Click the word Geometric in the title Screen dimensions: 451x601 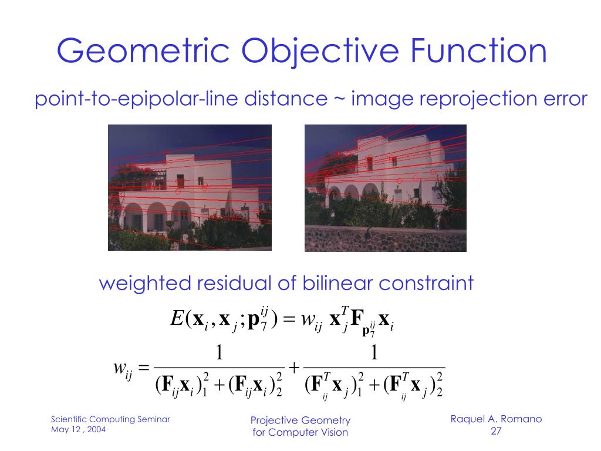click(x=143, y=51)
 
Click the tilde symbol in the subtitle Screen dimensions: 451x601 click(x=339, y=99)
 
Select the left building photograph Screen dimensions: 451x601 click(x=190, y=187)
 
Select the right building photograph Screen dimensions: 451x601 click(x=385, y=187)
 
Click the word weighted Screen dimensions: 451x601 click(x=145, y=283)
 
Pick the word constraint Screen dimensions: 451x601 click(x=426, y=283)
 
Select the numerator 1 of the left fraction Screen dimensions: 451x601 click(x=220, y=353)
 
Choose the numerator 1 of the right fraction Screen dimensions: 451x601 click(x=374, y=353)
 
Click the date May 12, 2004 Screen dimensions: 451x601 click(x=79, y=429)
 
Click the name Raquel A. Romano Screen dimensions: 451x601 click(x=495, y=419)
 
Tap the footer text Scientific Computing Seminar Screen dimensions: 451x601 click(x=110, y=419)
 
